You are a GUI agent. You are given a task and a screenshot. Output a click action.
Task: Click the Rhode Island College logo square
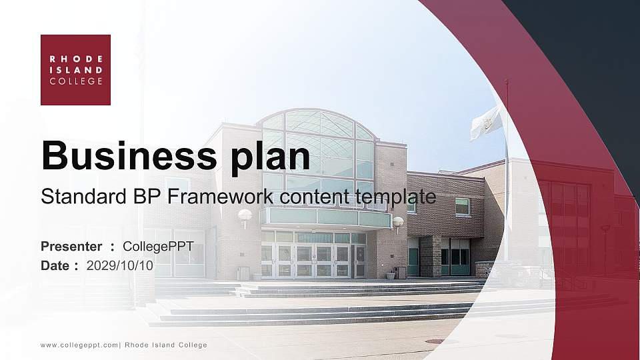tap(75, 70)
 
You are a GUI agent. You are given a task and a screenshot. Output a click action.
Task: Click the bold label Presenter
tap(71, 247)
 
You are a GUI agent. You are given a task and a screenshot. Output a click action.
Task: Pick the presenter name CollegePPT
tap(158, 247)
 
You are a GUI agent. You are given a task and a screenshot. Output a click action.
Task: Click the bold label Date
tap(55, 265)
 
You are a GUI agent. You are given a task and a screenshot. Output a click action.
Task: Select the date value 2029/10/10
tap(120, 265)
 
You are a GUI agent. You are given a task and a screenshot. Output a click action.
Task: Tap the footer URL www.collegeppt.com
tap(79, 345)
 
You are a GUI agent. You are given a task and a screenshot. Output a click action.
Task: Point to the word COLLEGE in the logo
tap(76, 81)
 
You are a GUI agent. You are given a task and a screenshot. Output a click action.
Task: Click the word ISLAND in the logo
tap(76, 69)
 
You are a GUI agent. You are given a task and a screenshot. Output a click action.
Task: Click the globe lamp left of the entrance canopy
tap(245, 215)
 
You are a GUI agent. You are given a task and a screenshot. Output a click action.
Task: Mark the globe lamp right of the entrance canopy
tap(398, 221)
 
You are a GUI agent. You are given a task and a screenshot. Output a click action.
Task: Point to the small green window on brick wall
tap(462, 206)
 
